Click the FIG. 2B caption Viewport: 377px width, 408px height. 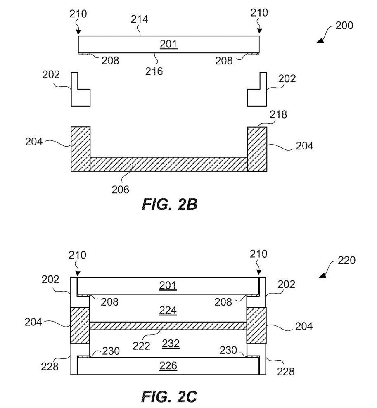(x=170, y=204)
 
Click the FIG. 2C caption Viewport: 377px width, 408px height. (x=169, y=396)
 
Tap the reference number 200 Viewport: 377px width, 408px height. (x=344, y=26)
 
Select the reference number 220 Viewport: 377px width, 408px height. (x=346, y=260)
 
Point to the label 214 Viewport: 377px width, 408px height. (x=139, y=19)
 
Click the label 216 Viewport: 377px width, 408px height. (x=154, y=71)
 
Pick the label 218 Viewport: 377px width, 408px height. (x=278, y=114)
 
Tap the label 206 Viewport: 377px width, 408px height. (x=121, y=190)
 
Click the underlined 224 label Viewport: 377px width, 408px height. (x=168, y=311)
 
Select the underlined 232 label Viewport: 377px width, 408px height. (x=171, y=344)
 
